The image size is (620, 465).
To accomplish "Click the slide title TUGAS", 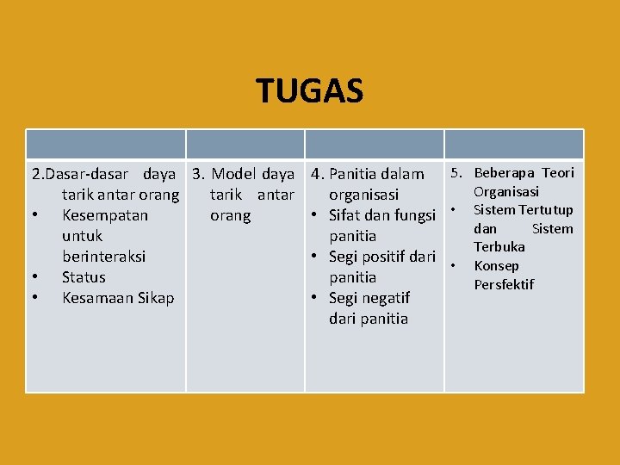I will coord(310,90).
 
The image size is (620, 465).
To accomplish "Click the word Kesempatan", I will coord(105,215).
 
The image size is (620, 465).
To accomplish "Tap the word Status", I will coord(84,277).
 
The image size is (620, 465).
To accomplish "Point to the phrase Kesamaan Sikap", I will coord(118,298).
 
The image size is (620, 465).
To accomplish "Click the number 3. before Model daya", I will coord(199,174).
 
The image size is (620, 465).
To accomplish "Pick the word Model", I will coord(234,174).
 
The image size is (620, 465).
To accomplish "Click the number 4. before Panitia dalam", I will coord(318,174).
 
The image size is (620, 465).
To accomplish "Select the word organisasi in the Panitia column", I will coord(363,195).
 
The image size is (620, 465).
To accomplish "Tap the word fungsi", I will coord(412,215).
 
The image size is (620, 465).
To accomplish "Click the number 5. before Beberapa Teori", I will coord(456,173).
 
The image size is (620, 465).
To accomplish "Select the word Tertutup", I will coord(546,210).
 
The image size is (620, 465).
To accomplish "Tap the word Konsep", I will coord(497,266).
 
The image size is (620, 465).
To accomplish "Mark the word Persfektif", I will coord(504,285).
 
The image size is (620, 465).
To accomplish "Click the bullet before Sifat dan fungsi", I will coord(317,215).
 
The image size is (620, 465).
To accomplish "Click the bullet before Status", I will coord(34,277).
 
